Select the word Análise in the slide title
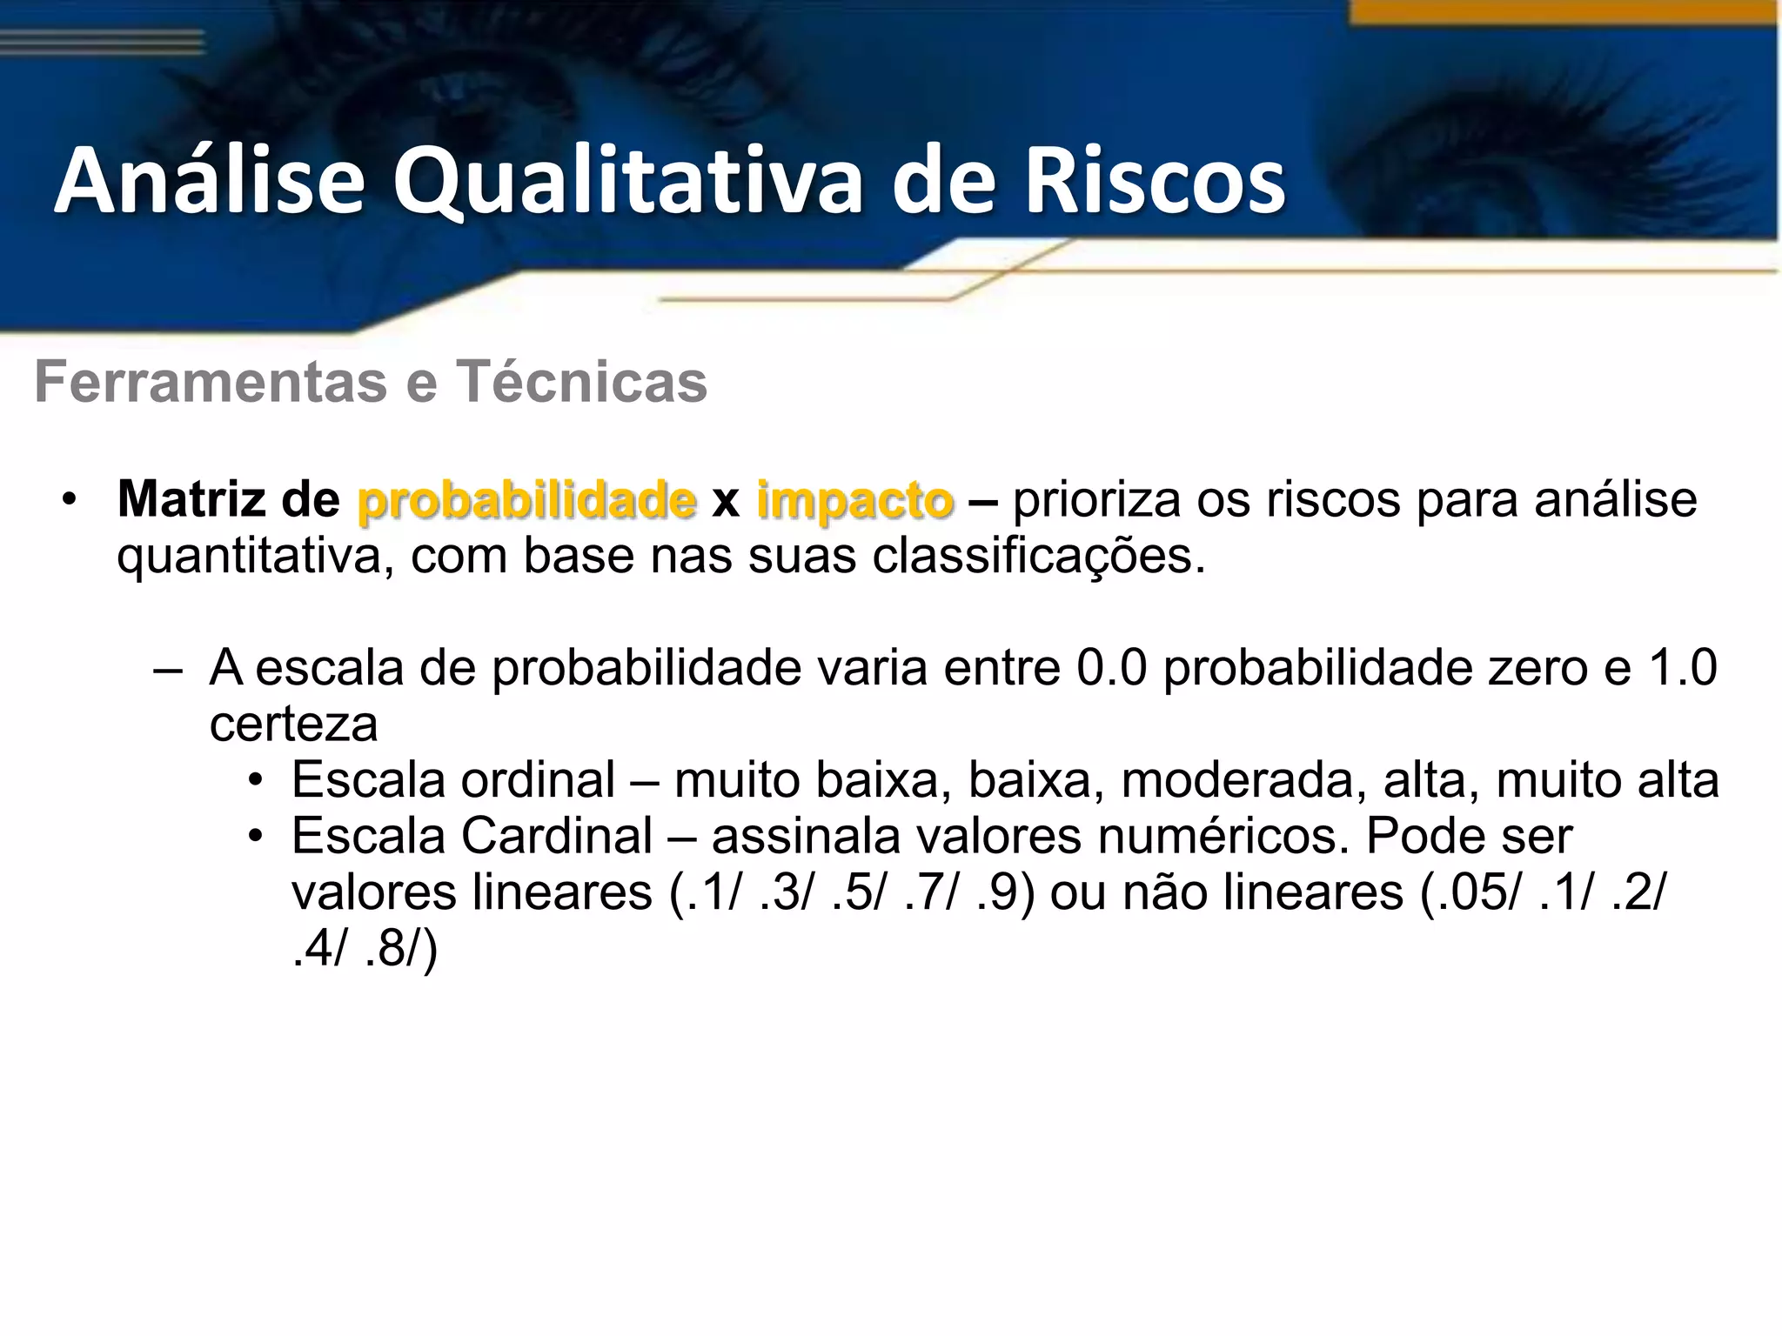tap(210, 181)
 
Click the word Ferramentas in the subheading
tap(211, 382)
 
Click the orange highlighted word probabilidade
tap(526, 500)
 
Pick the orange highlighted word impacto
tap(854, 502)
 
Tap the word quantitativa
tap(249, 556)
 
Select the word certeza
tap(293, 725)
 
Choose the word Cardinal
tap(557, 836)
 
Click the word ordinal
tap(538, 780)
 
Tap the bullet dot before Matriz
tap(70, 500)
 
